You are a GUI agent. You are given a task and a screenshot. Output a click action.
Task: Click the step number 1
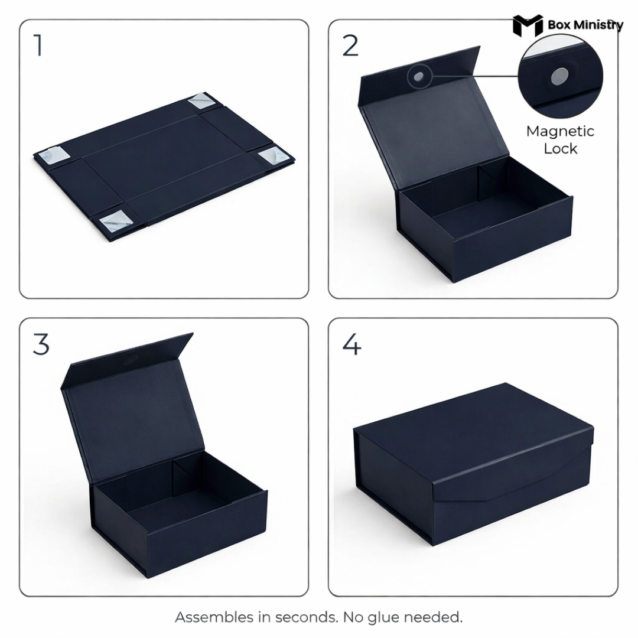38,46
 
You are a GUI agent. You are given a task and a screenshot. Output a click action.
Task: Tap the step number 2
350,46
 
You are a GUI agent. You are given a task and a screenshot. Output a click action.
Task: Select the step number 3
41,344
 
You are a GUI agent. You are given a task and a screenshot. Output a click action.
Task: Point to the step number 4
351,344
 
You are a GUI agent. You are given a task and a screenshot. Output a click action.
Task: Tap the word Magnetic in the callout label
560,131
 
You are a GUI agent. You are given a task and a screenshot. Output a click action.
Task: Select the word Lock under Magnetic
560,149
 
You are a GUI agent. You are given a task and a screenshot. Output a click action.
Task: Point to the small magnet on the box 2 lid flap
419,77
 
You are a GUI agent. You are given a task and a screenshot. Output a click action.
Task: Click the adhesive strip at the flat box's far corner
201,101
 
